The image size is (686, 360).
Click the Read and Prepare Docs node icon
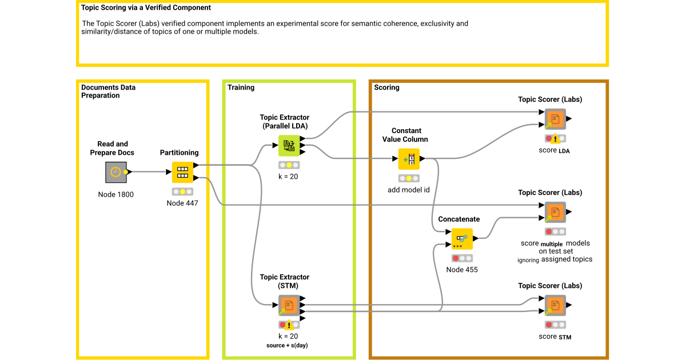[x=116, y=171]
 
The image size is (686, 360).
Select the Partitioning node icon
[x=182, y=171]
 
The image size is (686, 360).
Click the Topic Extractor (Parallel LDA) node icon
[x=289, y=146]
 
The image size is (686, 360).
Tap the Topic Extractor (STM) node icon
[x=289, y=305]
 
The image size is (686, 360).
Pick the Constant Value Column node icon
[x=409, y=159]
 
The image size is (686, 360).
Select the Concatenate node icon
[x=462, y=239]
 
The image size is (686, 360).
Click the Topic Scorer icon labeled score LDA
[x=555, y=119]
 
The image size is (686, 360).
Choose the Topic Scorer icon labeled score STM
[x=555, y=306]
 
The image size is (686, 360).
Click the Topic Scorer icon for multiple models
[x=555, y=213]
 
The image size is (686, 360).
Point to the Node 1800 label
[x=116, y=194]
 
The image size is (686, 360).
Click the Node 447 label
[x=182, y=203]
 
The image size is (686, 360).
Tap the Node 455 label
[x=462, y=270]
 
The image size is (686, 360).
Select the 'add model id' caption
[x=408, y=190]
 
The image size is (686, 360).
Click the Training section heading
[x=241, y=87]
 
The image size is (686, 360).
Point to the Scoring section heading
[x=386, y=87]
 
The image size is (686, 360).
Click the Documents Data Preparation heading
[x=109, y=91]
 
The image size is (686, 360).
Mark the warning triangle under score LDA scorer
[x=555, y=138]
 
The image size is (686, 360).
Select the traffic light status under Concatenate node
[x=462, y=258]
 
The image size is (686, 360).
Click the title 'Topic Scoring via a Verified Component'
[x=146, y=8]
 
